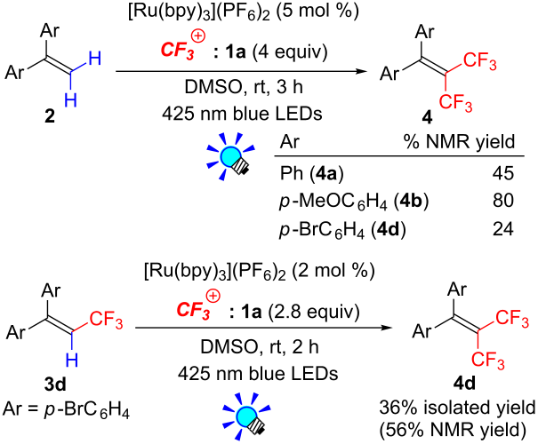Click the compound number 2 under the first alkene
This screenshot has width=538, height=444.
(x=50, y=117)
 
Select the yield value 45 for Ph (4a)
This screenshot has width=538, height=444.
(x=503, y=173)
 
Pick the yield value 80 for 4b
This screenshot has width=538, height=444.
(x=503, y=200)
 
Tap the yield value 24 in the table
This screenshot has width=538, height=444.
(x=503, y=228)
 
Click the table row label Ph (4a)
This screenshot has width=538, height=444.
(x=311, y=173)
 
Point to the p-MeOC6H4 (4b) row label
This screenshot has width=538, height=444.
(x=354, y=201)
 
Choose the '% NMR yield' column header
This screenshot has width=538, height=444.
(x=460, y=141)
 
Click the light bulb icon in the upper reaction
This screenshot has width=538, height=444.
(x=230, y=156)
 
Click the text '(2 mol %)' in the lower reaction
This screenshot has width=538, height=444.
(x=332, y=271)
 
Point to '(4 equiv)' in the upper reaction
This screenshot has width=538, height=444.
(x=290, y=52)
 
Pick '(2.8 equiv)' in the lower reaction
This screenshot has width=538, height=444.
(x=314, y=312)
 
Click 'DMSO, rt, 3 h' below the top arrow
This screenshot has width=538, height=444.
(x=244, y=87)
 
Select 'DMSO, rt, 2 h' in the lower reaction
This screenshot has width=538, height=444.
(x=260, y=346)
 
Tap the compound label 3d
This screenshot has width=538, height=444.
(x=55, y=385)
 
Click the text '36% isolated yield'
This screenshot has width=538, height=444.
(x=457, y=408)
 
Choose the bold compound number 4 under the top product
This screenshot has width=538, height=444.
(x=427, y=117)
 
